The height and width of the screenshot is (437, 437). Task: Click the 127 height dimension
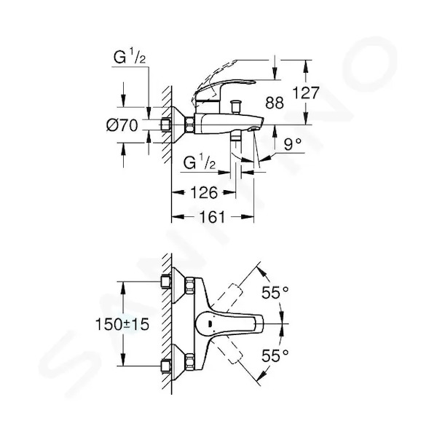pyautogui.click(x=305, y=92)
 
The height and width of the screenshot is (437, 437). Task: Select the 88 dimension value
pyautogui.click(x=275, y=103)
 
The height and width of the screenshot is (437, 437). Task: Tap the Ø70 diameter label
pyautogui.click(x=122, y=125)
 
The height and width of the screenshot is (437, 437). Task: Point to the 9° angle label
pyautogui.click(x=293, y=144)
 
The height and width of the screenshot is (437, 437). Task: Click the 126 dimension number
pyautogui.click(x=204, y=192)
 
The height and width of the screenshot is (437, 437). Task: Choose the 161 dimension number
pyautogui.click(x=212, y=216)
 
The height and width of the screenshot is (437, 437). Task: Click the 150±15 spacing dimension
pyautogui.click(x=122, y=324)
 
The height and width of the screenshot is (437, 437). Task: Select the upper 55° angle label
pyautogui.click(x=275, y=292)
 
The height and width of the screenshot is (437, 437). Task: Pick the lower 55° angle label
pyautogui.click(x=275, y=355)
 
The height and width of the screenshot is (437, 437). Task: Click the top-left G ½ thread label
pyautogui.click(x=130, y=57)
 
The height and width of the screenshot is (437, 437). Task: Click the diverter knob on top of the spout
pyautogui.click(x=236, y=106)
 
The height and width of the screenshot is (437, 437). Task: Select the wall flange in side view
pyautogui.click(x=178, y=125)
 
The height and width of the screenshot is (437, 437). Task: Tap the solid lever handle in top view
pyautogui.click(x=229, y=323)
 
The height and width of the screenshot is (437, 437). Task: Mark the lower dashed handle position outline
pyautogui.click(x=229, y=350)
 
